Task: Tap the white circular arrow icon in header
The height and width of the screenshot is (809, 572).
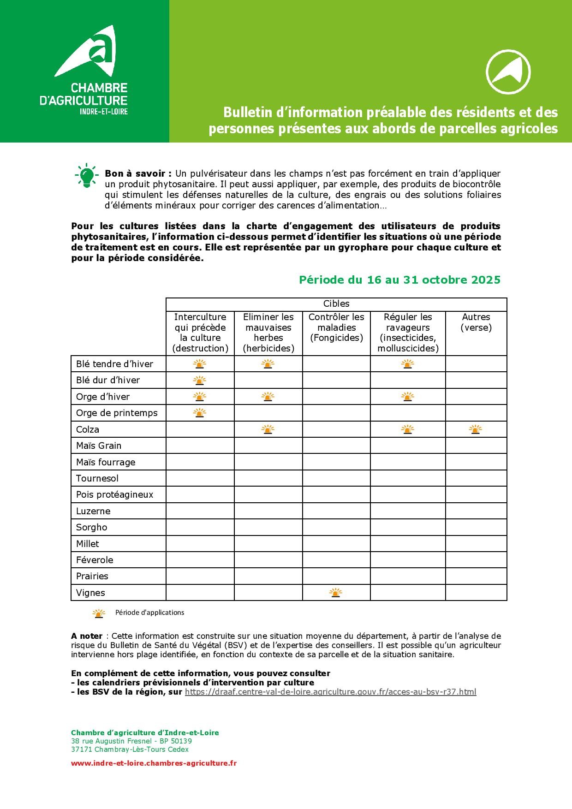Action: pos(508,72)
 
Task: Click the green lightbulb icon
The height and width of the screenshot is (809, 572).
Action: pos(86,176)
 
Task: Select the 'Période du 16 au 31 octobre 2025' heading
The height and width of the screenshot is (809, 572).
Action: pos(399,280)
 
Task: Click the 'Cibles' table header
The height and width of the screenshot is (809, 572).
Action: pos(336,304)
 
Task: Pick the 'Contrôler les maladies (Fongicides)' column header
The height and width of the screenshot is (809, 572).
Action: pos(336,327)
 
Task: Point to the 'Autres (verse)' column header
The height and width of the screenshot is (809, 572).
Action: pos(476,322)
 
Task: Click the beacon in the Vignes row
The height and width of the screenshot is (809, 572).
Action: pos(336,593)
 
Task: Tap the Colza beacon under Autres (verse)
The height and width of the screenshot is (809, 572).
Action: pos(476,429)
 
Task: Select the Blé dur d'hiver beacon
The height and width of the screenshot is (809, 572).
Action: pos(199,381)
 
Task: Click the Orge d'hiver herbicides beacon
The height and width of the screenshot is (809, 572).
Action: pos(268,397)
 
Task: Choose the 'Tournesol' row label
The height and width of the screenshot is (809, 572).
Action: pos(97,478)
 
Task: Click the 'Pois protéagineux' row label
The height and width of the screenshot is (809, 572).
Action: pos(114,494)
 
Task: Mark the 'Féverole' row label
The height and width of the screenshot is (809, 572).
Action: pos(95,560)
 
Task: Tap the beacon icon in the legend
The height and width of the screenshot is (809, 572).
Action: pos(99,613)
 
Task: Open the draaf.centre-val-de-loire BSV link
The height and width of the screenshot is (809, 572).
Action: pos(330,692)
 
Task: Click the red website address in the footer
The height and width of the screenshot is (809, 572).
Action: pos(154,763)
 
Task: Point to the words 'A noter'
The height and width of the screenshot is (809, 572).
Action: pos(87,636)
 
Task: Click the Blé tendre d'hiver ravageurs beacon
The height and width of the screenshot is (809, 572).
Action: pos(407,364)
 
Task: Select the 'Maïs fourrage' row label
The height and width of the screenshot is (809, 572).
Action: pos(106,462)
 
